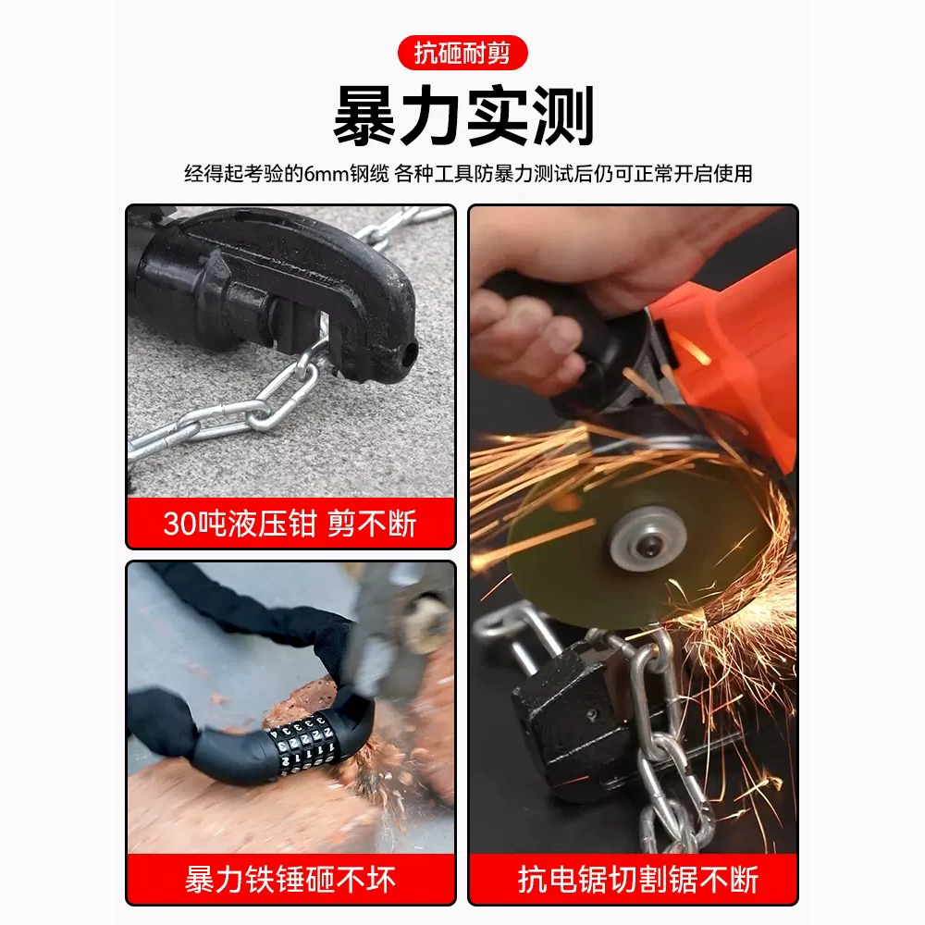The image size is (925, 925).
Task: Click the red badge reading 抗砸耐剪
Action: [462, 53]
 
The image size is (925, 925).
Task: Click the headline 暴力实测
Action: [463, 116]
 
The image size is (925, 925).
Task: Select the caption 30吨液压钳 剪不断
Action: [290, 523]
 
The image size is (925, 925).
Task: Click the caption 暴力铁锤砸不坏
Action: [290, 879]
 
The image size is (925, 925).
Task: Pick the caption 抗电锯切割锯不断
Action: [637, 879]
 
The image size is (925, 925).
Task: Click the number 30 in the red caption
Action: [179, 524]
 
